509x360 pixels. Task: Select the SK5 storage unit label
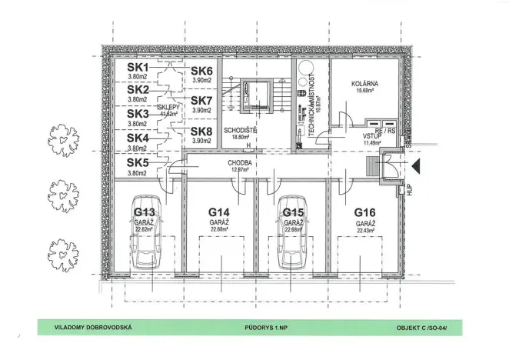click(138, 163)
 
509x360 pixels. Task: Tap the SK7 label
click(201, 100)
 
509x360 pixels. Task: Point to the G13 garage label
click(145, 212)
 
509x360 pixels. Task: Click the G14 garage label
click(220, 212)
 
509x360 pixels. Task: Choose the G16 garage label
click(364, 212)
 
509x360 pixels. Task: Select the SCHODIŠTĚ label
click(240, 131)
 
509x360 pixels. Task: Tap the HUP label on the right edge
click(412, 189)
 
